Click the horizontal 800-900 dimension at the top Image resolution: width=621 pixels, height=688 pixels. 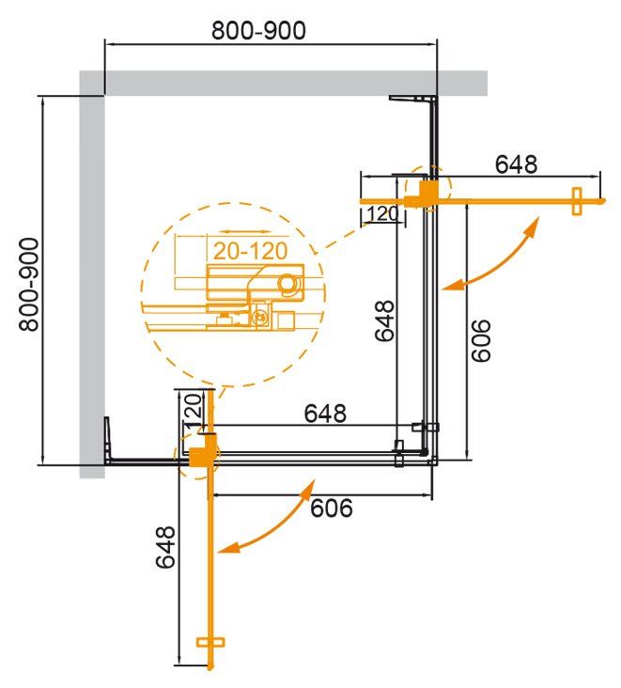pos(258,30)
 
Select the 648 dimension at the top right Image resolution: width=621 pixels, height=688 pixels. pos(516,164)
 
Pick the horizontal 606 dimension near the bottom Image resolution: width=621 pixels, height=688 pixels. pos(331,508)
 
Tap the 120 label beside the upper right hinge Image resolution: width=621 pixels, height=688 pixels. pos(382,214)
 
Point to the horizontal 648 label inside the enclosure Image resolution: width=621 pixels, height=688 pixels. pos(325,413)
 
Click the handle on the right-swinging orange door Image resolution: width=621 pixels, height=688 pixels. pos(578,201)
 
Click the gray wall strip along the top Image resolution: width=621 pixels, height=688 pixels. pos(282,83)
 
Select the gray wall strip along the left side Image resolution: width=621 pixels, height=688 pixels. pos(91,282)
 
